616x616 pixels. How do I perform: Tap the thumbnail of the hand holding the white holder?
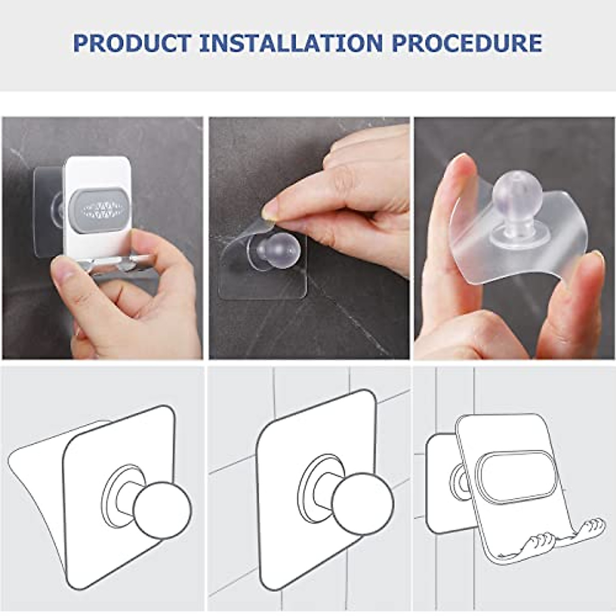pos(102,238)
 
